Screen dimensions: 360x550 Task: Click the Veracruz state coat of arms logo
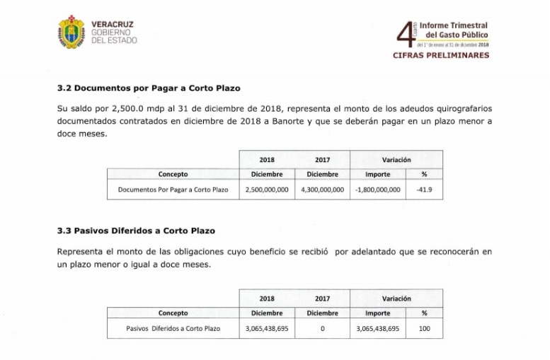71,32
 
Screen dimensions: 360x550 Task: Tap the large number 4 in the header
404,34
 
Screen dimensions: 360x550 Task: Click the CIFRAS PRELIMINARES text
440,55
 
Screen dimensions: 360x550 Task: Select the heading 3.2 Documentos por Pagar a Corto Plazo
148,88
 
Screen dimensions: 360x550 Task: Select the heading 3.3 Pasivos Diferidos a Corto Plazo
135,231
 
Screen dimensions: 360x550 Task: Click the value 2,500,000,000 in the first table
267,190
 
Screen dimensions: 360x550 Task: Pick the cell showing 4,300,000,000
322,190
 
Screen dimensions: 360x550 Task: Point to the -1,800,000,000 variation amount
377,190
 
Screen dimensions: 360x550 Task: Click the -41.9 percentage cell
424,190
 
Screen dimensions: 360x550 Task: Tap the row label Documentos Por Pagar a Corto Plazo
173,190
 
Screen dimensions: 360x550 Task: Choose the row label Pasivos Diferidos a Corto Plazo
173,328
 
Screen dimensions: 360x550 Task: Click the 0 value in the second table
322,328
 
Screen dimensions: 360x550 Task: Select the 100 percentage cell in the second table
424,328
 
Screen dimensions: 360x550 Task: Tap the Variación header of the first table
396,160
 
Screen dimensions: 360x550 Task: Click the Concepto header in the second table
173,313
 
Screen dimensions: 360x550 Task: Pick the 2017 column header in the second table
322,298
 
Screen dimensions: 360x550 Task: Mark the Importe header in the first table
377,174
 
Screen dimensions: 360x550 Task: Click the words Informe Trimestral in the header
453,25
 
